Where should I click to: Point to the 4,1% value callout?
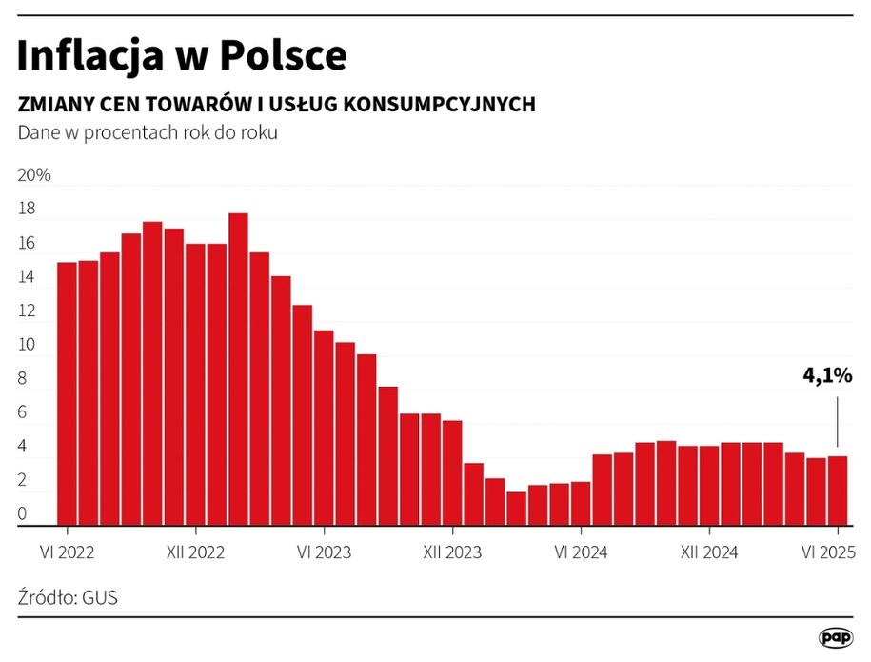coord(826,375)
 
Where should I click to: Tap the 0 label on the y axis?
coord(22,515)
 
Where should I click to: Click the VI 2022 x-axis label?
coord(67,552)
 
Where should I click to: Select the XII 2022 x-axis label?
coord(195,552)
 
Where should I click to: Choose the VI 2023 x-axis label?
coord(325,552)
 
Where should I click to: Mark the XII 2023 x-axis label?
coord(453,552)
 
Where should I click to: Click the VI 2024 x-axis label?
coord(581,552)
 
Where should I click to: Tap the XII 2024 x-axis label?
coord(709,552)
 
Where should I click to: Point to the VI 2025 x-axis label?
coord(829,552)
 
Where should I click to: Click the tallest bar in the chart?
coord(238,371)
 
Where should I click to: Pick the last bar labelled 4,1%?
coord(838,491)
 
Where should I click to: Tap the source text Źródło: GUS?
coord(68,598)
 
